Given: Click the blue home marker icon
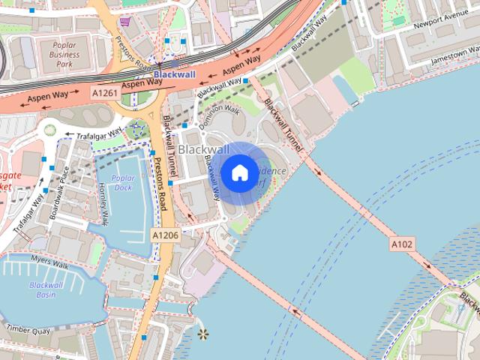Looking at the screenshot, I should tap(239, 173).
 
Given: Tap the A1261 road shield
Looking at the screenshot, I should tap(104, 91).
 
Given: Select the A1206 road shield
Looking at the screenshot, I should tap(165, 235).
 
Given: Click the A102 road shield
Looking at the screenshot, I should tap(403, 244).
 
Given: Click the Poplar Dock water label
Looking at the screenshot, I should tap(121, 182).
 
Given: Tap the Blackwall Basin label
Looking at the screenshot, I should tap(46, 289).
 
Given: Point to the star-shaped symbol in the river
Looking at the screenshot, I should tap(202, 333).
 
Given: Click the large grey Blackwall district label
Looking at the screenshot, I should tap(204, 150).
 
